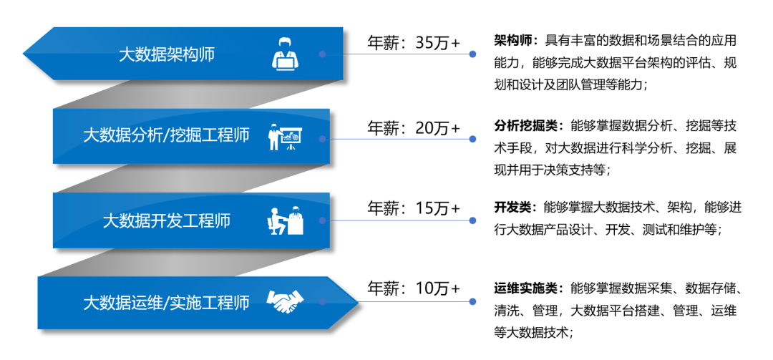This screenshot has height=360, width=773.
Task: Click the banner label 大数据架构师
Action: click(167, 54)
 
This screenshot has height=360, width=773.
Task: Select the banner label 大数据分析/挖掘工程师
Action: click(167, 135)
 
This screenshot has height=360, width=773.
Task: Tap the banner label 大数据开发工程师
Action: click(167, 220)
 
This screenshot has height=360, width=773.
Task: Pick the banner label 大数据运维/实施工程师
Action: click(167, 303)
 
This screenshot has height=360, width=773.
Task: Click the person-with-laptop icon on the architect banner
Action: click(286, 54)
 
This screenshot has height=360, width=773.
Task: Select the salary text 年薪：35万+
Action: click(413, 43)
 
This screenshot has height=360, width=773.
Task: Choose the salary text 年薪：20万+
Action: click(413, 128)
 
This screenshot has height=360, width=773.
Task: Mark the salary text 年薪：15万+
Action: click(413, 208)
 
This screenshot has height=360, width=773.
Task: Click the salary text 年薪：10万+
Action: click(413, 288)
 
